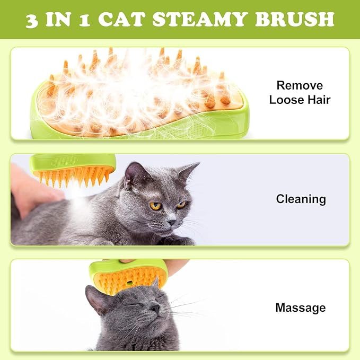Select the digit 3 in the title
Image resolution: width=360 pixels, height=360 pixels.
[33, 19]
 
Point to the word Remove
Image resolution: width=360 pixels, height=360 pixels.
[300, 85]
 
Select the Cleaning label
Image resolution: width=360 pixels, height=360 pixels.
[301, 199]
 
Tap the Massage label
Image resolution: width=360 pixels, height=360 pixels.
[300, 308]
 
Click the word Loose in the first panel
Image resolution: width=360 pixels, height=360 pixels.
[285, 99]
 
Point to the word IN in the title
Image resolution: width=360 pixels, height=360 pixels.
[59, 19]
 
